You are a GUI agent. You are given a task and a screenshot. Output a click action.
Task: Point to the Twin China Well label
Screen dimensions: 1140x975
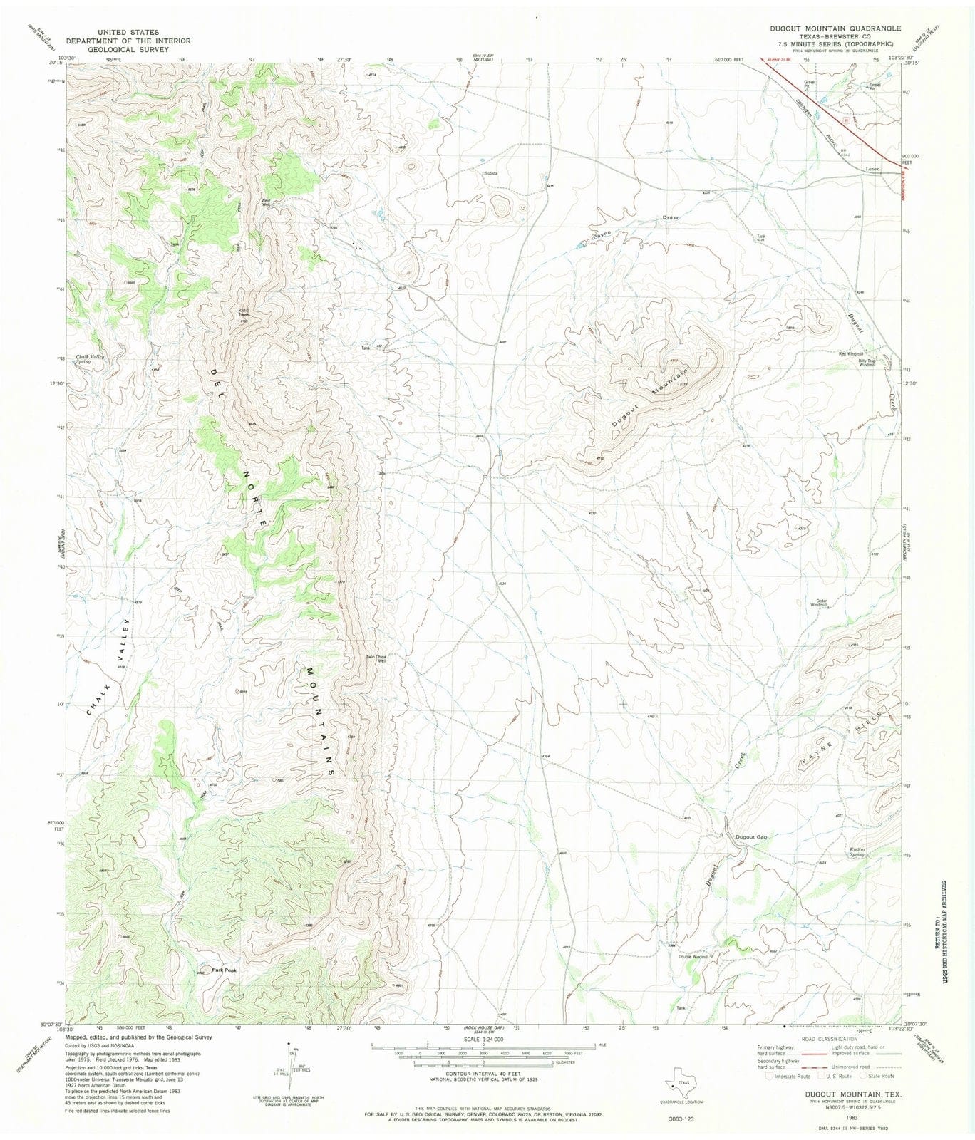pyautogui.click(x=376, y=659)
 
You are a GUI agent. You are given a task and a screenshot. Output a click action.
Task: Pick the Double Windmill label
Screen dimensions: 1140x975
pyautogui.click(x=693, y=956)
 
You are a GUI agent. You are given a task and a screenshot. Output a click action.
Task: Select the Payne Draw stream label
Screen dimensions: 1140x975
pyautogui.click(x=634, y=225)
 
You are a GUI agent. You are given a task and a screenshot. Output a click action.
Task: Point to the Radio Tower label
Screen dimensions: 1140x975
pyautogui.click(x=243, y=312)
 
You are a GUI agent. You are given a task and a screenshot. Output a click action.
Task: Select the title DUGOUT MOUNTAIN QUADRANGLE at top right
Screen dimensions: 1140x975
pyautogui.click(x=835, y=28)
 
